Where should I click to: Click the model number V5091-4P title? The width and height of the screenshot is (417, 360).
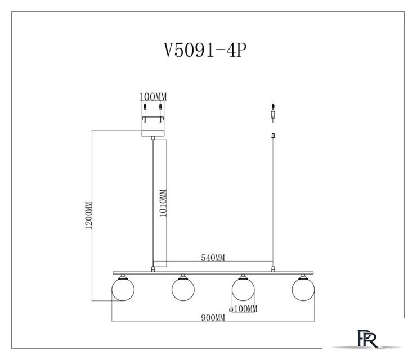pos(205,50)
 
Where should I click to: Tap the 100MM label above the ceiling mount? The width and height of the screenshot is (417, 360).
pos(153,97)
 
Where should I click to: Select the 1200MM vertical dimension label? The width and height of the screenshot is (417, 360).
pos(88,215)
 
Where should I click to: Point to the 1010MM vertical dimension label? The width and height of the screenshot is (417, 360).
pos(163,203)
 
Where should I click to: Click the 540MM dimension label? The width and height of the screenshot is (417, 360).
pos(213,258)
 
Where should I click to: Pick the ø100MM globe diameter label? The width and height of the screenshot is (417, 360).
pos(243,309)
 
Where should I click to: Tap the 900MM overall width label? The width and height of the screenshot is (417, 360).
pos(213,317)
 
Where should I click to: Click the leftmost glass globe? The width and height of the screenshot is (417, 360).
pos(123,289)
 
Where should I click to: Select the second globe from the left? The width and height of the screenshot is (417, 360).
pos(183,289)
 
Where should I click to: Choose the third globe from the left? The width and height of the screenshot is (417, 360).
pos(243,289)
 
